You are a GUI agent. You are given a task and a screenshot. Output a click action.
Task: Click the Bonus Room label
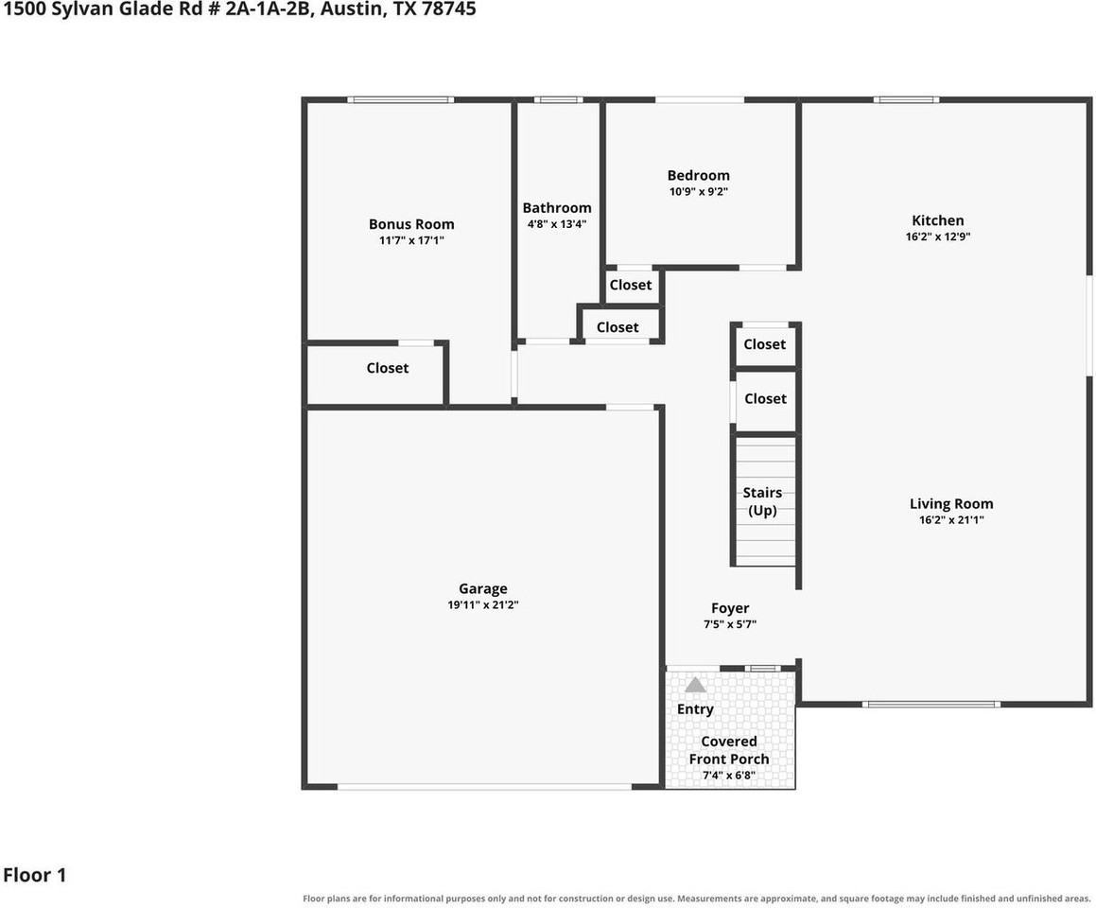(411, 224)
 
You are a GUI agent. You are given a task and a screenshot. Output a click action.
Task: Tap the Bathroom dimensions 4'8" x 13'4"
(556, 224)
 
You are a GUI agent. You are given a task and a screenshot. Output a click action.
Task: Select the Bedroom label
(698, 175)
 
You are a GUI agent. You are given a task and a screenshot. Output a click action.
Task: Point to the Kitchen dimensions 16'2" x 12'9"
(938, 236)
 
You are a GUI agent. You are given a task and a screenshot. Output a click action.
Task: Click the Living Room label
(951, 504)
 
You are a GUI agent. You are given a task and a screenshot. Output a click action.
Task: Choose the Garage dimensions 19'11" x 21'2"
(483, 604)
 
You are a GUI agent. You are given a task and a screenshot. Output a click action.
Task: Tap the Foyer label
(730, 608)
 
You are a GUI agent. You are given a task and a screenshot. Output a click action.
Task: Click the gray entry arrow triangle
(695, 685)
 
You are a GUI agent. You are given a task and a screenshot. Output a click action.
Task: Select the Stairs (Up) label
(762, 501)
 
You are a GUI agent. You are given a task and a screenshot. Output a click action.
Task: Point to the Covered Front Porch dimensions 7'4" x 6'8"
(729, 776)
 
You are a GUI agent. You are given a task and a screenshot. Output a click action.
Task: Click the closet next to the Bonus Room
(387, 368)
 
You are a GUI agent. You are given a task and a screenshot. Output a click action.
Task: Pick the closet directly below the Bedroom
(631, 285)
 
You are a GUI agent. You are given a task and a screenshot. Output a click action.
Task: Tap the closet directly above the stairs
(765, 398)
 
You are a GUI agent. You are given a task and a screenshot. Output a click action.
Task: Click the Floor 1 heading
(34, 875)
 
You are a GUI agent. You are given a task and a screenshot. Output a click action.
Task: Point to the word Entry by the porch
(695, 708)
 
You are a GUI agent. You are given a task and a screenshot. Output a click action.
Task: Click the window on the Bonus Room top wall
(401, 100)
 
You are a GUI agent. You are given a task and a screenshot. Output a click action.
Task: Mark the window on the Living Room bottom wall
(931, 704)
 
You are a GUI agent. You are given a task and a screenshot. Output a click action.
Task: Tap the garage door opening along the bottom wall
(484, 786)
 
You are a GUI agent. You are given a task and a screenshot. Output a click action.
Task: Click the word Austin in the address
(352, 9)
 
